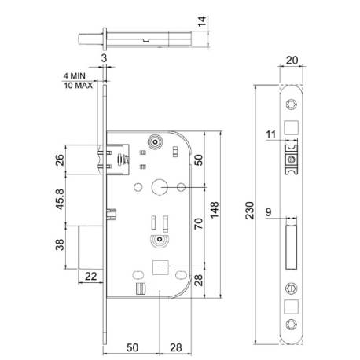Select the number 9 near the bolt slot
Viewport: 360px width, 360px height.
270,210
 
